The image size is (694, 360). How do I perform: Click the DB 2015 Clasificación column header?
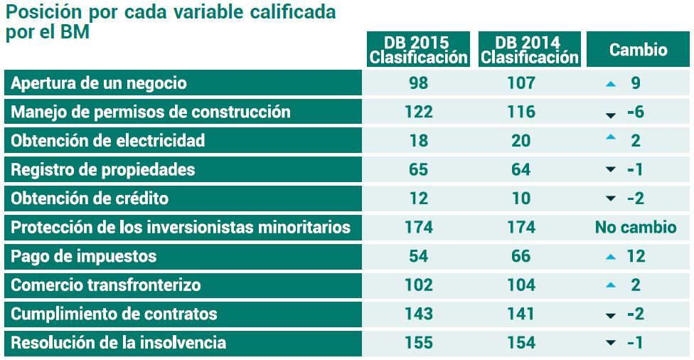tap(419, 49)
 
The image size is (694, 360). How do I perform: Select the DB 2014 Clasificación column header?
tap(530, 49)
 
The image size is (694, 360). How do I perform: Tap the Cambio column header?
tap(639, 50)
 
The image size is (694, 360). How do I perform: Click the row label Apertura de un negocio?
tap(99, 83)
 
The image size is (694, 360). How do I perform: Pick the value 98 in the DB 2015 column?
tap(419, 83)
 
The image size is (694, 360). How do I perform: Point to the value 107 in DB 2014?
tap(521, 83)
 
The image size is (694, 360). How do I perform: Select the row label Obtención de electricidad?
tap(107, 141)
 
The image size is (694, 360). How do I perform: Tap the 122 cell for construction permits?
tap(419, 112)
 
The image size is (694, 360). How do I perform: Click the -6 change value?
tap(635, 112)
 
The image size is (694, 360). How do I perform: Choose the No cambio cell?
tap(635, 228)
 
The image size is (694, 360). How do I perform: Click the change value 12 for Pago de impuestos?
tap(636, 256)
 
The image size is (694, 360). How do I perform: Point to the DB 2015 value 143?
tap(419, 314)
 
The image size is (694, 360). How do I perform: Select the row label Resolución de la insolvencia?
tap(118, 343)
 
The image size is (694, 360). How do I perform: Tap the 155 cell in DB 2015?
tap(419, 343)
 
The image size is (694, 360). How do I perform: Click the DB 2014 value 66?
tap(521, 256)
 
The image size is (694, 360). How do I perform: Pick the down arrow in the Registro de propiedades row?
tap(610, 171)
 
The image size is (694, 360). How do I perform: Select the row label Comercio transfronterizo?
tap(106, 285)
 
